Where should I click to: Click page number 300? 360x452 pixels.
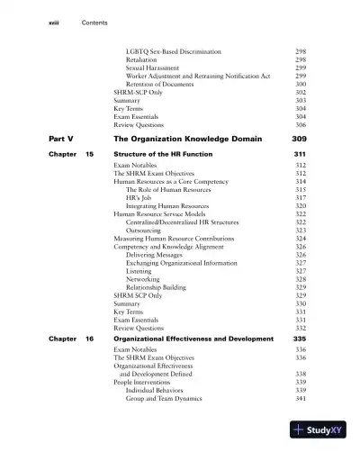click(301, 85)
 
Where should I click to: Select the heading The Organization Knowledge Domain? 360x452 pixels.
click(187, 140)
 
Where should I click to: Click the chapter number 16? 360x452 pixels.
click(90, 339)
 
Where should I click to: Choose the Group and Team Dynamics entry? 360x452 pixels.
click(164, 398)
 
